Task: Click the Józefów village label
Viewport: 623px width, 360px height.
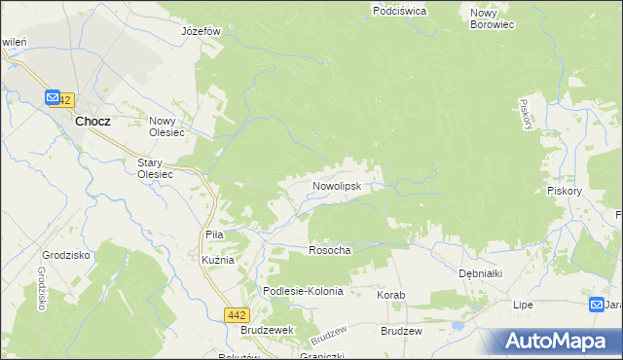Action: point(202,30)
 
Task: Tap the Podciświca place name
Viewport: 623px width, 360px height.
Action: point(399,11)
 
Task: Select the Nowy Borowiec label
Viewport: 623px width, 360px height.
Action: point(491,18)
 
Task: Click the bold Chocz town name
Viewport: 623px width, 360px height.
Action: point(92,122)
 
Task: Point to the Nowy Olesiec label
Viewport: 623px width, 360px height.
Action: point(167,127)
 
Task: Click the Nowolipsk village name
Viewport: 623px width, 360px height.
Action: point(337,184)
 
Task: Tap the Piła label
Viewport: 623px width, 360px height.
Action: point(215,234)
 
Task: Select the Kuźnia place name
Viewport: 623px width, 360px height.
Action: point(217,261)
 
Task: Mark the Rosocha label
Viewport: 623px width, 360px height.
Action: point(329,250)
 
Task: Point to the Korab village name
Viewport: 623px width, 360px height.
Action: point(390,294)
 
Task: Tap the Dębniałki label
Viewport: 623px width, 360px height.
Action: point(480,273)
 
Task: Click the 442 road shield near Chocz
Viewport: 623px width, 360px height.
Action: point(64,99)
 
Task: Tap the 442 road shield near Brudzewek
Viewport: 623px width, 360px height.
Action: point(236,314)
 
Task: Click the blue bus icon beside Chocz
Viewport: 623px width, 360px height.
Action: point(52,98)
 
